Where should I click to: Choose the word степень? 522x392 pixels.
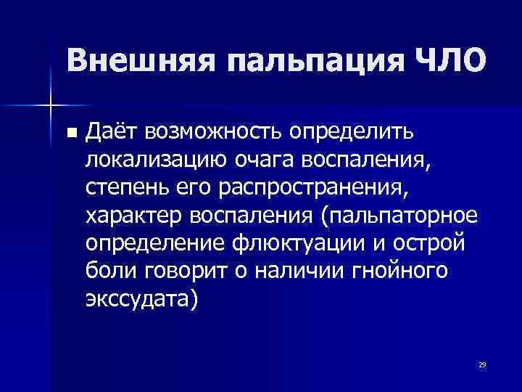[117, 187]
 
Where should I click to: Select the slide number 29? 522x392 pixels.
[481, 364]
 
